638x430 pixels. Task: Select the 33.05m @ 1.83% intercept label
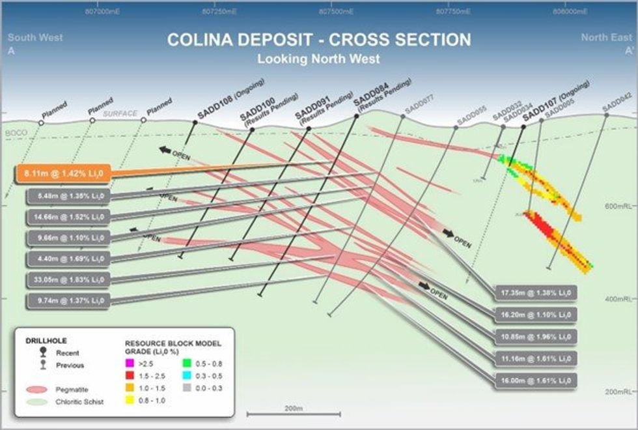coord(66,279)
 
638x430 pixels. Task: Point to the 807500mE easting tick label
coord(337,12)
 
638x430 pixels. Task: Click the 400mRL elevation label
coord(616,298)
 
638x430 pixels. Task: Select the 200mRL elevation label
coord(616,392)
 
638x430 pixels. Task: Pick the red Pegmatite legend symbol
coord(40,389)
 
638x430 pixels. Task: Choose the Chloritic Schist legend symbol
coord(40,402)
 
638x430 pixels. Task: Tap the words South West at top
coord(36,38)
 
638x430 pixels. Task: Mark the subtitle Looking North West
coord(318,59)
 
